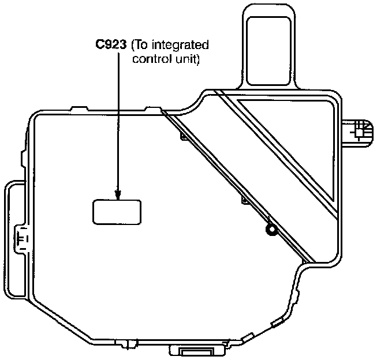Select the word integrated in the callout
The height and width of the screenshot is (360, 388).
181,45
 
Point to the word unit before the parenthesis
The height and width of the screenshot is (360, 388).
184,59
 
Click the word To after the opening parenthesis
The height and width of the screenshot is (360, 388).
142,45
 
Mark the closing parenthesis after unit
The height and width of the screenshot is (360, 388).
197,59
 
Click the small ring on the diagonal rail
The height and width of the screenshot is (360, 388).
270,231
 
